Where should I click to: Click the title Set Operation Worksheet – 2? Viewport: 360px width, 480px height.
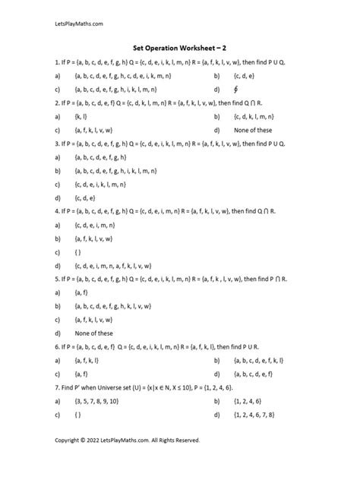[x=179, y=46]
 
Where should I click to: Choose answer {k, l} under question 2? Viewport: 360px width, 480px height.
[x=80, y=117]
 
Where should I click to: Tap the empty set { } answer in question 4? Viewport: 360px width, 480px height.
[x=78, y=251]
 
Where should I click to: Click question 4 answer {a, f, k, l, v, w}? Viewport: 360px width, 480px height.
[x=94, y=238]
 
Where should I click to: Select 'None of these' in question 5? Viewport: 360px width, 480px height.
[x=94, y=332]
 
